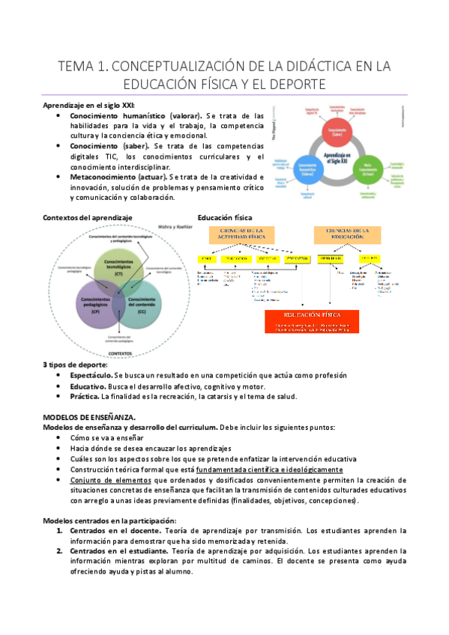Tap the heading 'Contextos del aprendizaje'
pos(88,217)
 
